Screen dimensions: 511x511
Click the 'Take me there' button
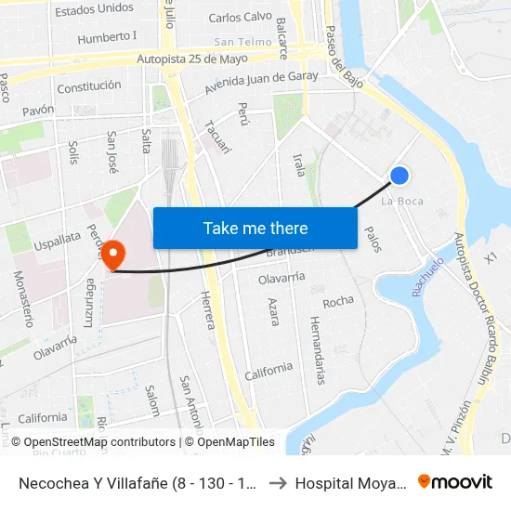click(x=255, y=228)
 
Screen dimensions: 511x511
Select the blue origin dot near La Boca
click(x=400, y=176)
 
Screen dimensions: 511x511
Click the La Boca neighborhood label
click(x=403, y=201)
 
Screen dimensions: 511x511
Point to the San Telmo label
click(x=242, y=42)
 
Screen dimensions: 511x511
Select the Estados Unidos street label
click(x=94, y=9)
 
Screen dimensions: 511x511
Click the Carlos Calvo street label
click(x=240, y=17)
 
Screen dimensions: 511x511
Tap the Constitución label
click(x=89, y=86)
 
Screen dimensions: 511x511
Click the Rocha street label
click(x=338, y=302)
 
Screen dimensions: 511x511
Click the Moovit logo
click(x=455, y=482)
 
